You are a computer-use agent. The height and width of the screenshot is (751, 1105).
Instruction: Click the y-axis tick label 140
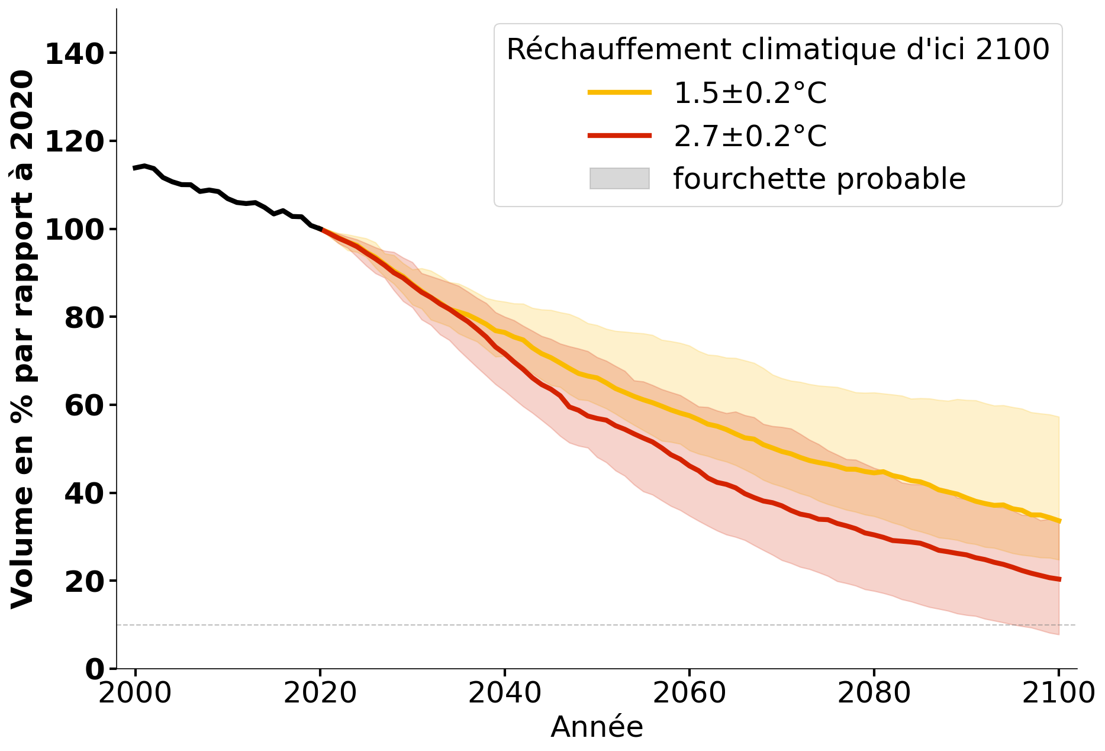coord(74,54)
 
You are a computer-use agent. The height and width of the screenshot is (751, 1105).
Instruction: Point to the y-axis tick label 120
coord(74,142)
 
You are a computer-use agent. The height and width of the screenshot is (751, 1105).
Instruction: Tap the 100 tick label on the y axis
coord(74,230)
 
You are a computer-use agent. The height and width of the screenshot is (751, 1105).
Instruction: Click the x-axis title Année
coord(597,727)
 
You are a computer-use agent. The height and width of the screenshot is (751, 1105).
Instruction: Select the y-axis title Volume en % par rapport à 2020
coord(22,339)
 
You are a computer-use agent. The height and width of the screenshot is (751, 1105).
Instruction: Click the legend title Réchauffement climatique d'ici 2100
coord(778,49)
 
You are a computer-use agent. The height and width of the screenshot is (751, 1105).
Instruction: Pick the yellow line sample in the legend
coord(619,92)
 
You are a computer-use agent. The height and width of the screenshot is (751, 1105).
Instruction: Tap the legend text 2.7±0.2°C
coord(750,136)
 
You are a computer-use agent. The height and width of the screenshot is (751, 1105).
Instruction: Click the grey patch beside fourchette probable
coord(619,179)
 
